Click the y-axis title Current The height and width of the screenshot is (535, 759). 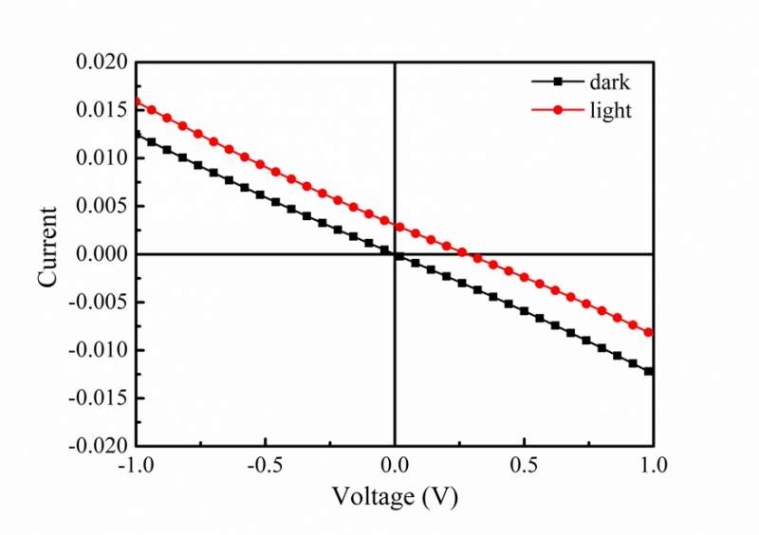click(x=48, y=247)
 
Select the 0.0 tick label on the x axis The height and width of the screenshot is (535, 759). click(x=395, y=466)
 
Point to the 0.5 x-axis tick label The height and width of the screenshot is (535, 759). click(x=524, y=466)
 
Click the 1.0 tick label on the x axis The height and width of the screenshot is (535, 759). click(x=653, y=466)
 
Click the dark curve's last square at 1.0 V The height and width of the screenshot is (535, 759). click(x=649, y=371)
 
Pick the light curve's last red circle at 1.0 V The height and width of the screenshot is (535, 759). click(x=650, y=332)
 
